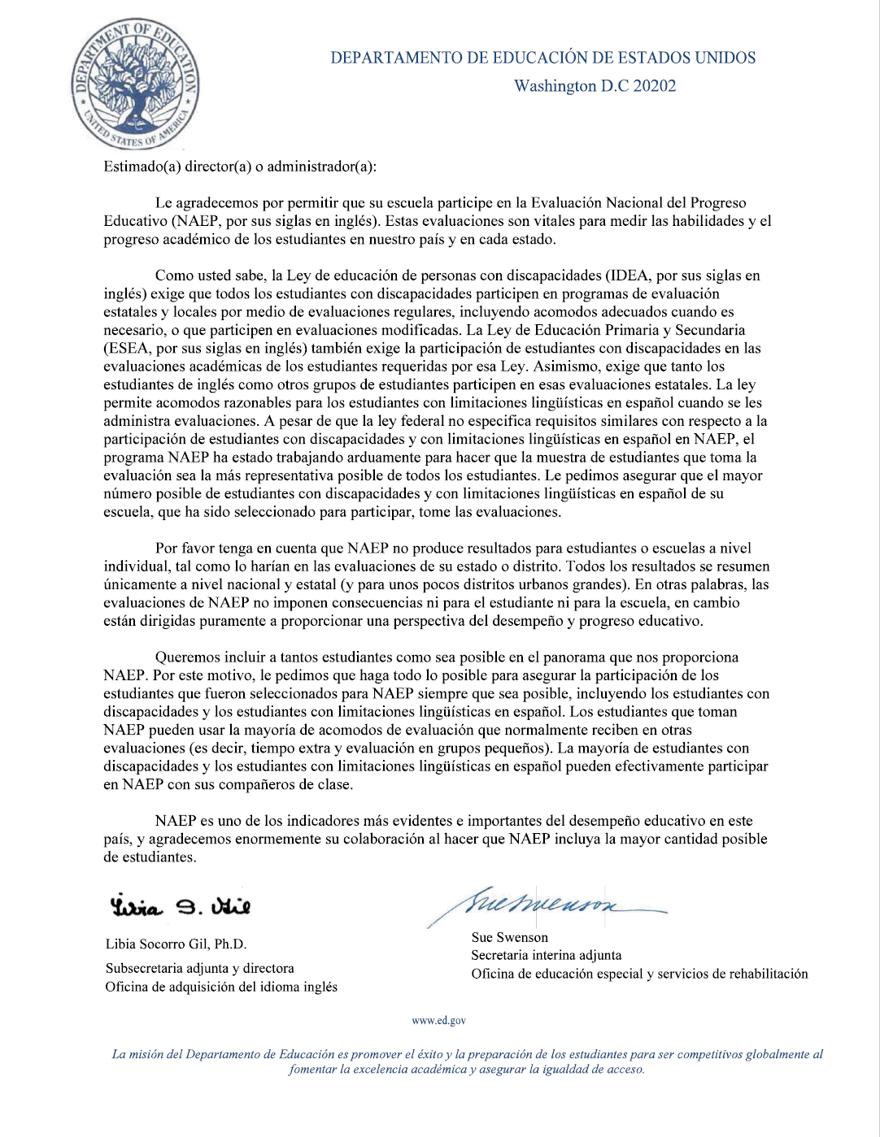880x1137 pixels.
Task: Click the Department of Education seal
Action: tap(135, 85)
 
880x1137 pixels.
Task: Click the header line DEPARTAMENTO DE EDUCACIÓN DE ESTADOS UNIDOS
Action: tap(542, 58)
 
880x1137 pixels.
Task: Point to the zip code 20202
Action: tap(655, 86)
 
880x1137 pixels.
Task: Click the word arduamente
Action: tap(355, 458)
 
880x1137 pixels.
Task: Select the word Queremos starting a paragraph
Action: tap(186, 657)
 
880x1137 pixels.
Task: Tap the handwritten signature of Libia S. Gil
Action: tap(180, 905)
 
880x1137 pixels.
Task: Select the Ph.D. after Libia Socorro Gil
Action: tap(230, 944)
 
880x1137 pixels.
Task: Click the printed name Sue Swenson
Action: tap(510, 938)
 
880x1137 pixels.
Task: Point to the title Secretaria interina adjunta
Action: tap(547, 956)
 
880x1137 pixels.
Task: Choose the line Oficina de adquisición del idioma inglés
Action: tap(221, 987)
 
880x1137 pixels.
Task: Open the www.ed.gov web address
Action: tap(439, 1021)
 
